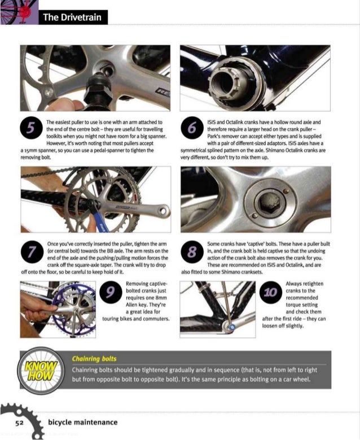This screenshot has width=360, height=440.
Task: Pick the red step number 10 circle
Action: [270, 293]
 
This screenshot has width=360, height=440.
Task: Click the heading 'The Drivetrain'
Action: [72, 18]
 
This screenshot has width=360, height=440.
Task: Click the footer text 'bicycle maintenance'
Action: [82, 422]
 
